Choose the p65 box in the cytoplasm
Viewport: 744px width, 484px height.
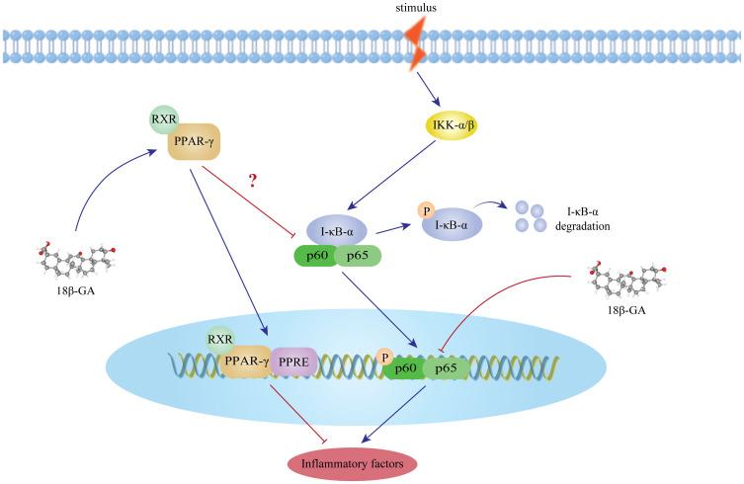363,256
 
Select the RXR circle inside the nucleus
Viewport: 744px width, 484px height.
219,342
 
